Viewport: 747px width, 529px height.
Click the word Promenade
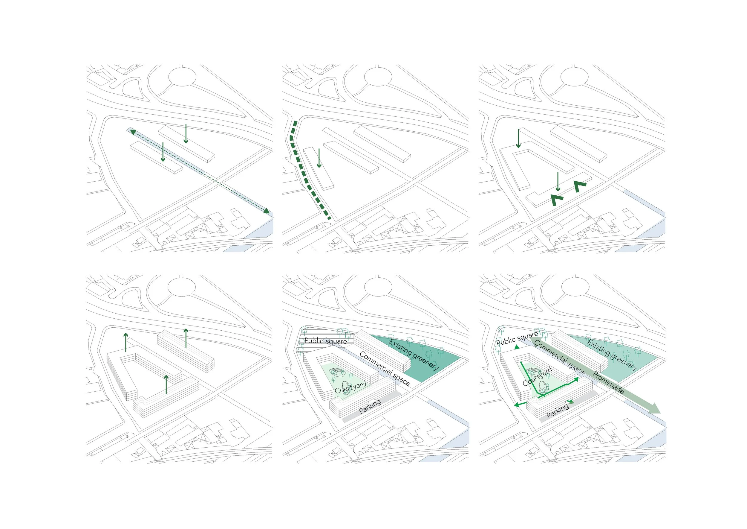click(608, 382)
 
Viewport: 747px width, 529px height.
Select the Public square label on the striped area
click(326, 341)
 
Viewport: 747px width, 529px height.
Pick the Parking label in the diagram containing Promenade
click(557, 410)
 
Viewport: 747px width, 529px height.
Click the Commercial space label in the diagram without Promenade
click(385, 368)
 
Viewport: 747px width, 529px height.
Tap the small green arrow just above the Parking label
click(571, 402)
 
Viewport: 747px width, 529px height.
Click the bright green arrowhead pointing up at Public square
click(517, 347)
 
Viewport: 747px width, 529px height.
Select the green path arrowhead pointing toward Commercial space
click(576, 379)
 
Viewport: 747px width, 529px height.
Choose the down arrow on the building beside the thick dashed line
click(319, 158)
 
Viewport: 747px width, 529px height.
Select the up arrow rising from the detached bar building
click(186, 338)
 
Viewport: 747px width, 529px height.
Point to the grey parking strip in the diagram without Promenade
click(371, 407)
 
